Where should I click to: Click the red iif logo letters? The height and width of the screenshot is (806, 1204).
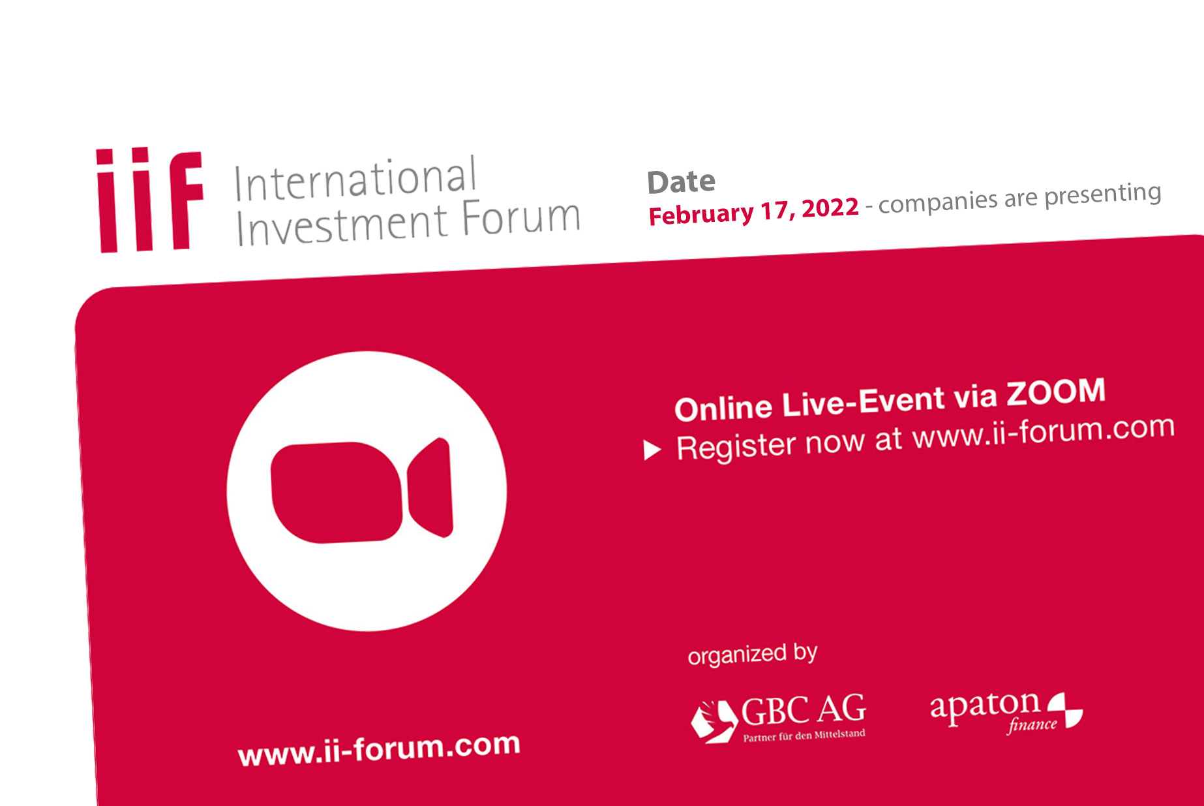point(150,200)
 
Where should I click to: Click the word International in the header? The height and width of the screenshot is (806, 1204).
point(355,178)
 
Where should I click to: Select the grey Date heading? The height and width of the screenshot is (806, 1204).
point(681,181)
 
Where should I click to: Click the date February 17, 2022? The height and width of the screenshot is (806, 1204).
point(753,211)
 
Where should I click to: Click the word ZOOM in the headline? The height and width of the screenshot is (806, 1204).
point(1056,392)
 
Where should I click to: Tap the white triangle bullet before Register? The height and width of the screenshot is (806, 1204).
point(652,450)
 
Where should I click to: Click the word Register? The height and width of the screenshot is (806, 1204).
point(737,446)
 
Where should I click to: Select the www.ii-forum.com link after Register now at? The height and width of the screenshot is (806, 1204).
point(1044,431)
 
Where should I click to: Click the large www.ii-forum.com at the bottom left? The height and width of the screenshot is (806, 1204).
point(379,749)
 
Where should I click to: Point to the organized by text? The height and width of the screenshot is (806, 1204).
point(753,654)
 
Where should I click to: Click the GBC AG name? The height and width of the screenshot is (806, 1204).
point(804,709)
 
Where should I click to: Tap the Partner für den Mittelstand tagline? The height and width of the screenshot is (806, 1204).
point(804,736)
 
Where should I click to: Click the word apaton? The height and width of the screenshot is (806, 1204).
point(985,707)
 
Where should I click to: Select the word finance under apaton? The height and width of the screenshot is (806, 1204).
point(1032,725)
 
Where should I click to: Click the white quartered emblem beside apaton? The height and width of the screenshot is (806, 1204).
point(1065,710)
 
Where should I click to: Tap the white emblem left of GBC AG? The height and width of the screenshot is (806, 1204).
point(713,721)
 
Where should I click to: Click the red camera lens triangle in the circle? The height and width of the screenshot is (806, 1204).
point(430,488)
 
